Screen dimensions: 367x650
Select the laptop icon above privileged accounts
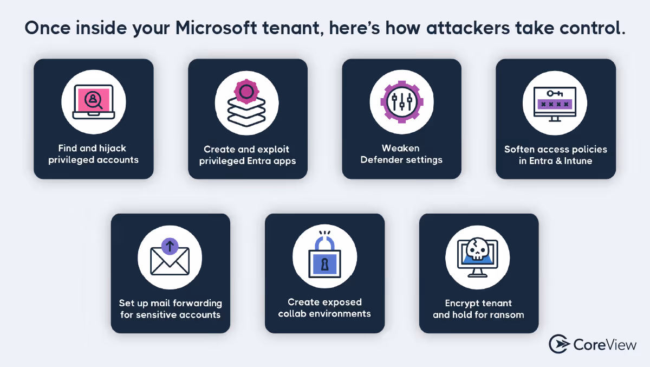point(93,102)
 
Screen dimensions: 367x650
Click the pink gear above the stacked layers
point(247,91)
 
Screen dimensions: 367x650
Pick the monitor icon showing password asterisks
point(555,103)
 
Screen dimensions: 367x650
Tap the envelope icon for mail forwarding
point(170,259)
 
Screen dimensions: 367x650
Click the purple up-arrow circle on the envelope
point(170,247)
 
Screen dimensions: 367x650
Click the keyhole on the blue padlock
point(324,265)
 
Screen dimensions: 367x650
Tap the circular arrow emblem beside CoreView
point(558,344)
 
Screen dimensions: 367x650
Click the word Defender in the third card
point(381,159)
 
